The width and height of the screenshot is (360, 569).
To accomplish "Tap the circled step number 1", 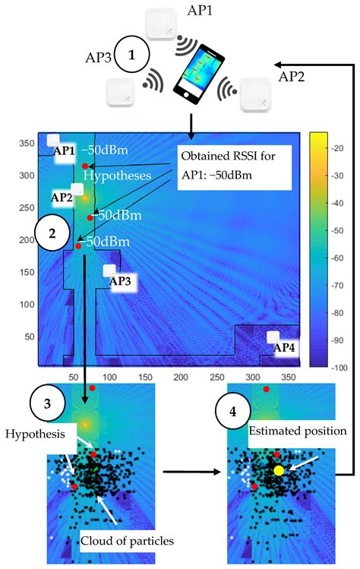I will tap(134, 55).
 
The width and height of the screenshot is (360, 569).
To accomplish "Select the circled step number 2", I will tap(52, 233).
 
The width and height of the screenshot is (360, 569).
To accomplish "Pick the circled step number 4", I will tap(232, 413).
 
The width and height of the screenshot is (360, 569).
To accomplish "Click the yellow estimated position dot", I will tap(279, 471).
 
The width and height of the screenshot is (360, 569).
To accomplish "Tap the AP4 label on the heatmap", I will tap(285, 347).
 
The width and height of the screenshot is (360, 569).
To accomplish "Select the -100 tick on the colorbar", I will tap(340, 365).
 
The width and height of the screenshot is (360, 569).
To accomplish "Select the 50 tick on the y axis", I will tap(28, 337).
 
